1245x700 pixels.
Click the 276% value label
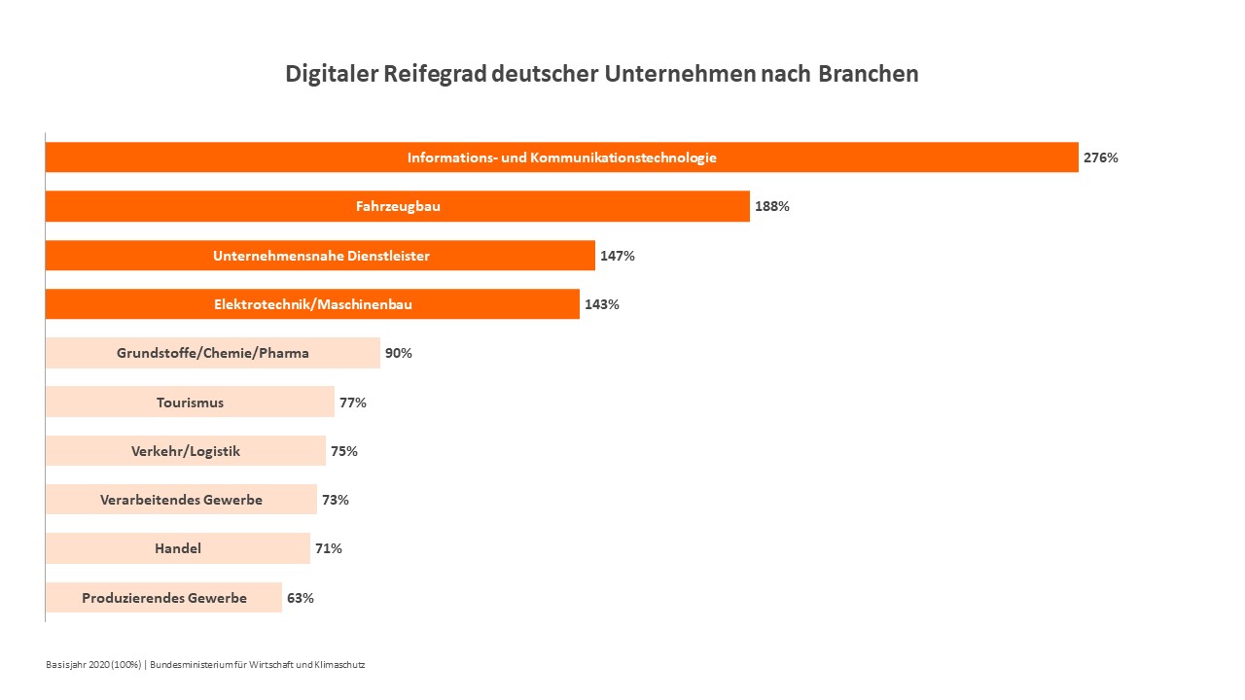1100,157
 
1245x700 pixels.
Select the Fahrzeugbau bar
397,206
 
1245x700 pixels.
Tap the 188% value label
771,206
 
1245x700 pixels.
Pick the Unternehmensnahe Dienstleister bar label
321,256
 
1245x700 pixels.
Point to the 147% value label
617,256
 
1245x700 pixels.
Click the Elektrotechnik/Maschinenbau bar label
313,304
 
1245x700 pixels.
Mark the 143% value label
601,304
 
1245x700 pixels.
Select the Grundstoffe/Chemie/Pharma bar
212,353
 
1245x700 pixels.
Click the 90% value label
399,353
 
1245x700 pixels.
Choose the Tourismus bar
190,402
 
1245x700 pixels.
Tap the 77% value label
352,402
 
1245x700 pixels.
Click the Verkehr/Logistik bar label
186,451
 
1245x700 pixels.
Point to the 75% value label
344,451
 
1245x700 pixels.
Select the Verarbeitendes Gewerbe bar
181,500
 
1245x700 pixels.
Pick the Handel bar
178,548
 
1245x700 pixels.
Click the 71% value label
329,548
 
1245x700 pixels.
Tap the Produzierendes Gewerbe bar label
164,598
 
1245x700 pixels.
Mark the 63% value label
301,598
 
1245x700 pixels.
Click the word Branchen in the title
868,74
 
